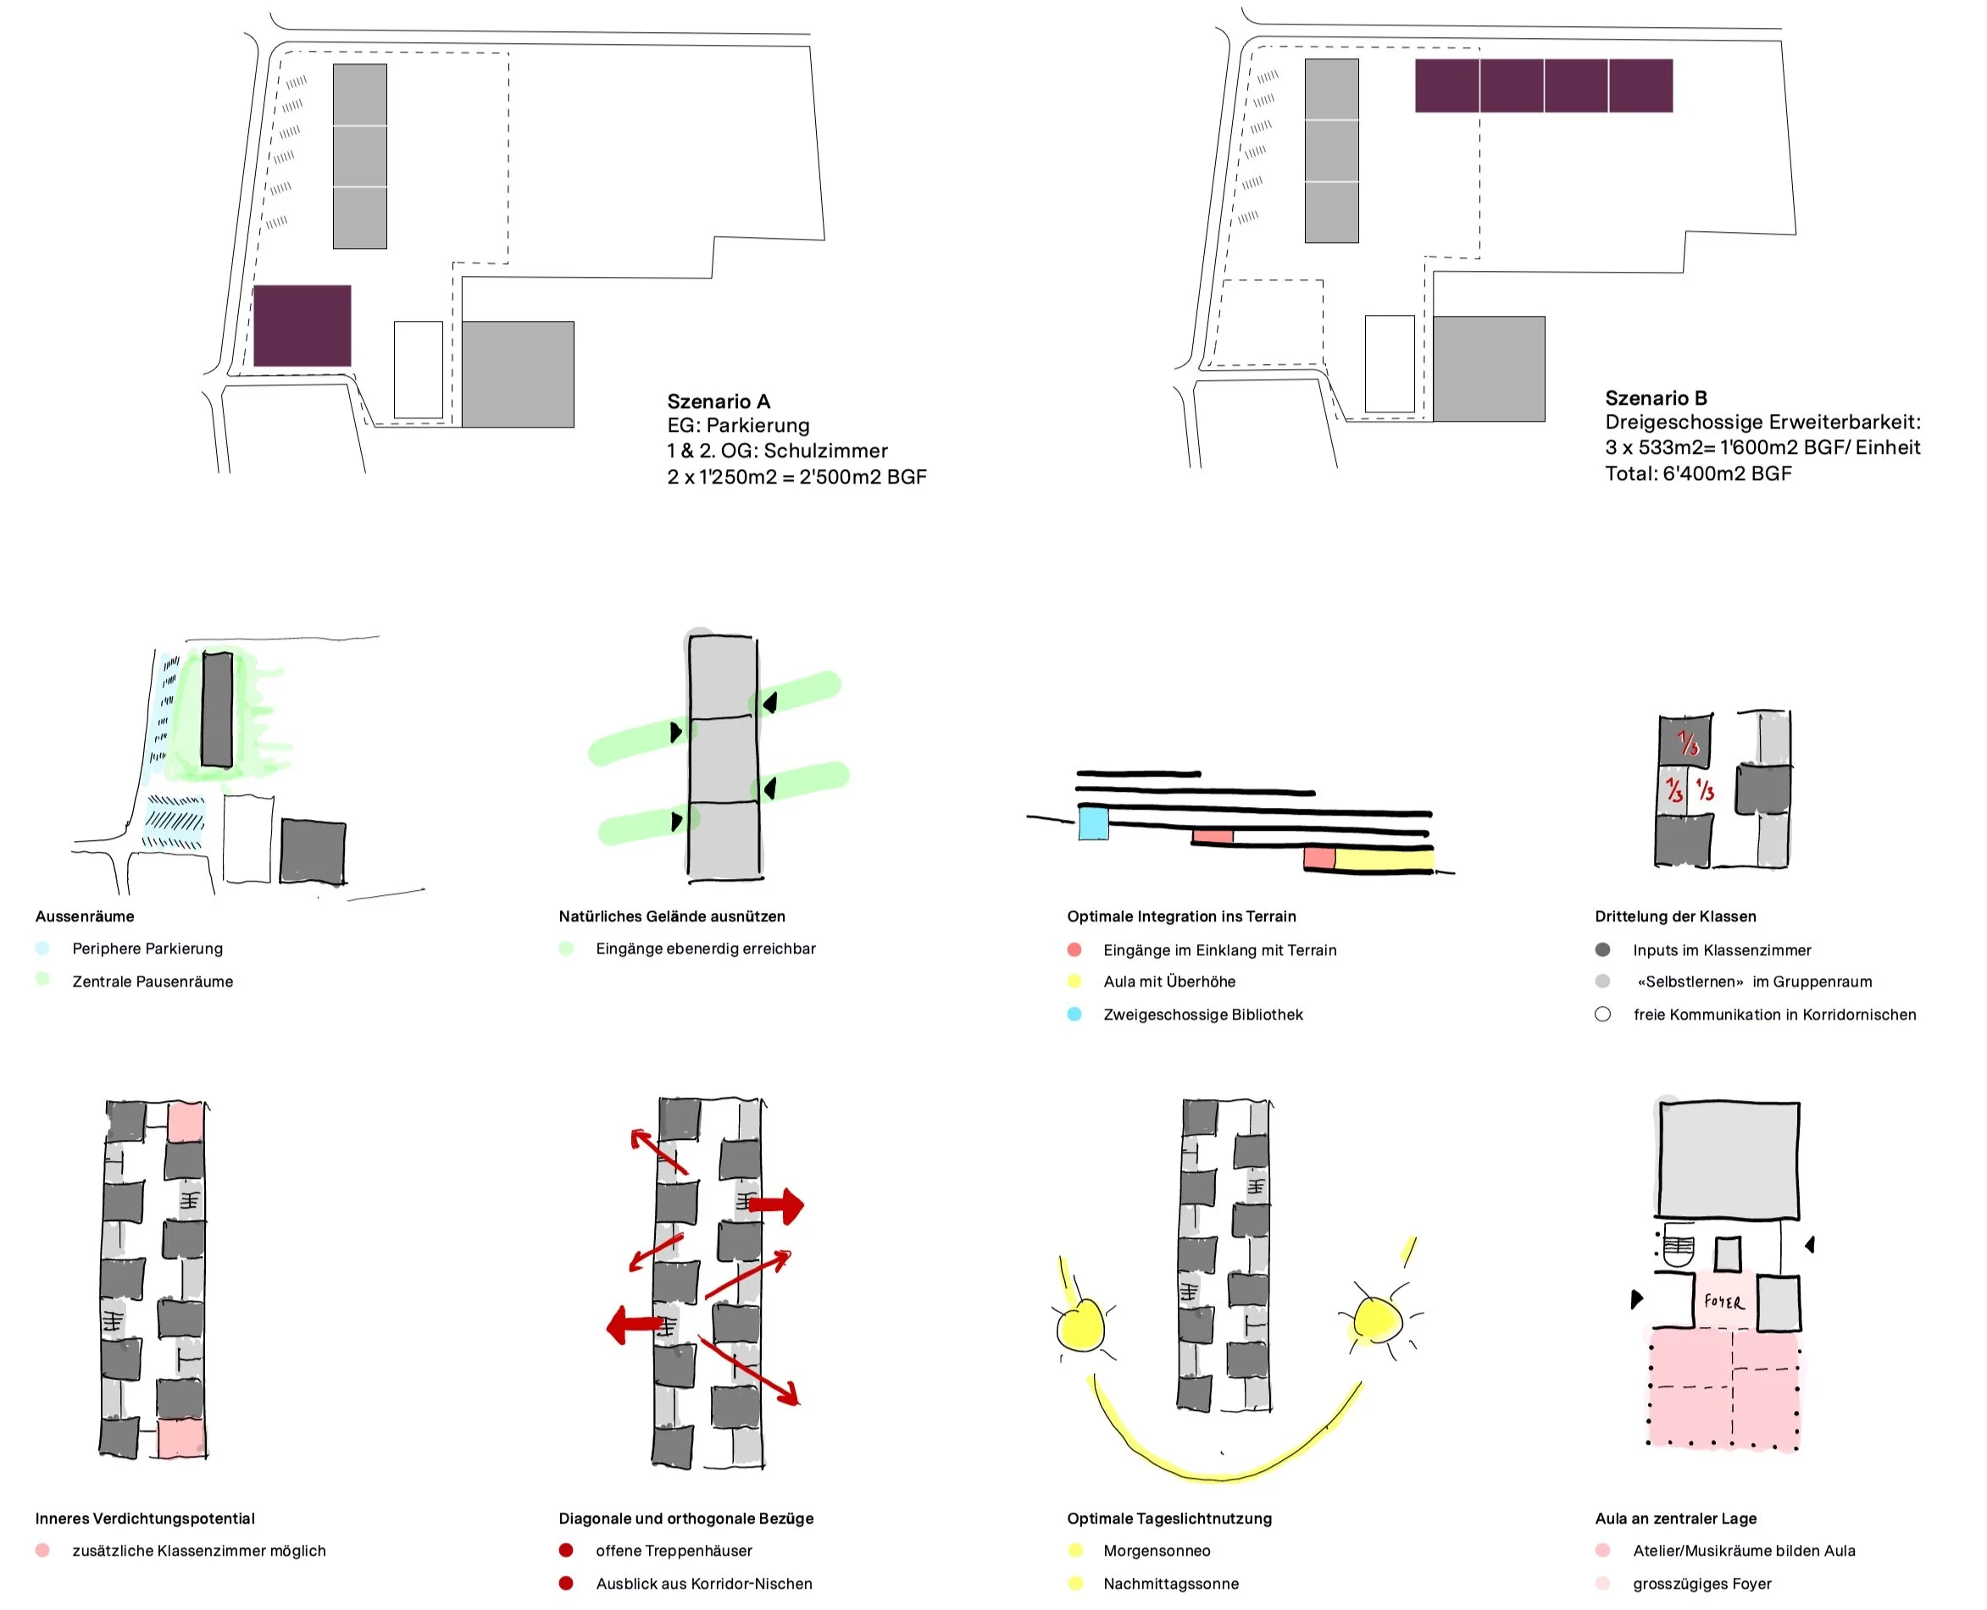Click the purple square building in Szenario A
click(x=302, y=325)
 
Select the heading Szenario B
click(x=1655, y=398)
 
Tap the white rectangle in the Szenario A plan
click(x=419, y=370)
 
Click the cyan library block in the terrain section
click(x=1093, y=823)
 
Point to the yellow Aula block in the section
click(x=1383, y=859)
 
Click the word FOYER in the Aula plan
click(x=1723, y=1302)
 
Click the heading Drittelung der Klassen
click(x=1674, y=916)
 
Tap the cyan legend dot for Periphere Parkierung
click(x=42, y=948)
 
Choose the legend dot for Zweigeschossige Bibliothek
click(x=1074, y=1014)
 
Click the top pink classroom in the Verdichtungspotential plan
click(x=186, y=1121)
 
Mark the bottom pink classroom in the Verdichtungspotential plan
click(x=180, y=1437)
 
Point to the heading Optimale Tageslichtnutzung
click(x=1168, y=1519)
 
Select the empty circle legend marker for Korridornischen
click(x=1602, y=1014)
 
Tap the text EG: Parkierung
click(x=737, y=426)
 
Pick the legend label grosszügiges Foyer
click(x=1701, y=1583)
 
